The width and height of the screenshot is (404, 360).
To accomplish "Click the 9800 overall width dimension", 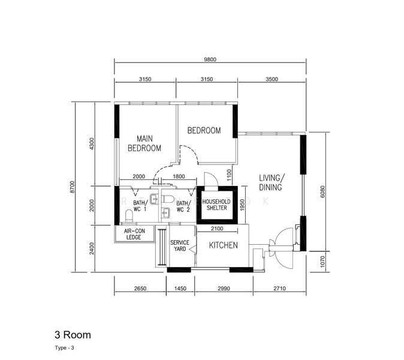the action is point(210,59).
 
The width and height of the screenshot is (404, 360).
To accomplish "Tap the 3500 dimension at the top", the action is point(272,79).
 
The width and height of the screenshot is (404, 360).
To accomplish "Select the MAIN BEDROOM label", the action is point(144,143).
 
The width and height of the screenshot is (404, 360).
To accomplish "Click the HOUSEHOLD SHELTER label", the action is point(216,205).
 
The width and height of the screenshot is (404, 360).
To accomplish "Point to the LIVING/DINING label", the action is point(272,182).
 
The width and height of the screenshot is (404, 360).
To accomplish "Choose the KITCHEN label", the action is point(223,245).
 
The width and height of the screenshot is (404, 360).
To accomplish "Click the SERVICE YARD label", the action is point(180,245).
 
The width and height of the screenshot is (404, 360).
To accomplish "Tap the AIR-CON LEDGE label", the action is point(134,234).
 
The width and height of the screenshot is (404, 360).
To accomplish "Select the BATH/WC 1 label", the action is point(140,206).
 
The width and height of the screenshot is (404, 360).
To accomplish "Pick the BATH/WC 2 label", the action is point(183,206).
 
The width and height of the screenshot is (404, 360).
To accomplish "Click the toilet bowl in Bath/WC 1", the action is point(129,216).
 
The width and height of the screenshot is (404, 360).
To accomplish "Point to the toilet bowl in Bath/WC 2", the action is point(168,199).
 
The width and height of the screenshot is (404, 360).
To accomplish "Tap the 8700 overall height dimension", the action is point(73,187).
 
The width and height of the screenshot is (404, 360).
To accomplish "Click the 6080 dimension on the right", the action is point(322,191).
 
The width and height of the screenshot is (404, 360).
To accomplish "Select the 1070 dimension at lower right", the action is point(322,262).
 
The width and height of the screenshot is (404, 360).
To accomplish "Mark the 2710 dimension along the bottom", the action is point(279,289).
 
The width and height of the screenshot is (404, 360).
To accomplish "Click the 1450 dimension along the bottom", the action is point(180,289).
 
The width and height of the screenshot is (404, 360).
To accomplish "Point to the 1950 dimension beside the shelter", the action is point(242,205).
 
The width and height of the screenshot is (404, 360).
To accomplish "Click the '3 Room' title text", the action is point(73,335).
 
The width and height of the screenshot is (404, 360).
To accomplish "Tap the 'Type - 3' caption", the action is point(64,348).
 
